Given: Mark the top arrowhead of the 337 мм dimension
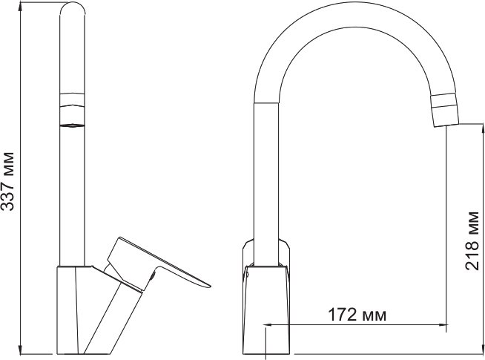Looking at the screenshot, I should point(22,6).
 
